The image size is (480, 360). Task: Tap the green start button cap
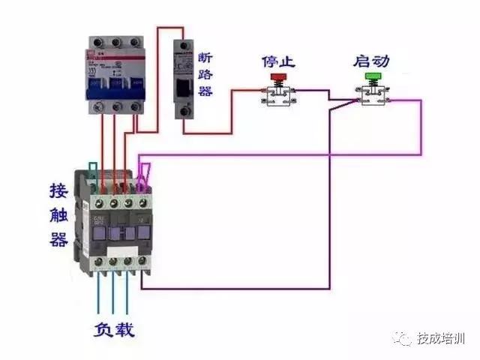pyautogui.click(x=373, y=76)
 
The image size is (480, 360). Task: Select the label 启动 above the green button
pyautogui.click(x=372, y=60)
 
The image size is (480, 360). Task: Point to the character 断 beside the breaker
pyautogui.click(x=205, y=58)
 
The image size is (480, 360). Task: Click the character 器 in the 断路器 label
pyautogui.click(x=205, y=91)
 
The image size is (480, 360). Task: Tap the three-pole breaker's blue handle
pyautogui.click(x=114, y=88)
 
